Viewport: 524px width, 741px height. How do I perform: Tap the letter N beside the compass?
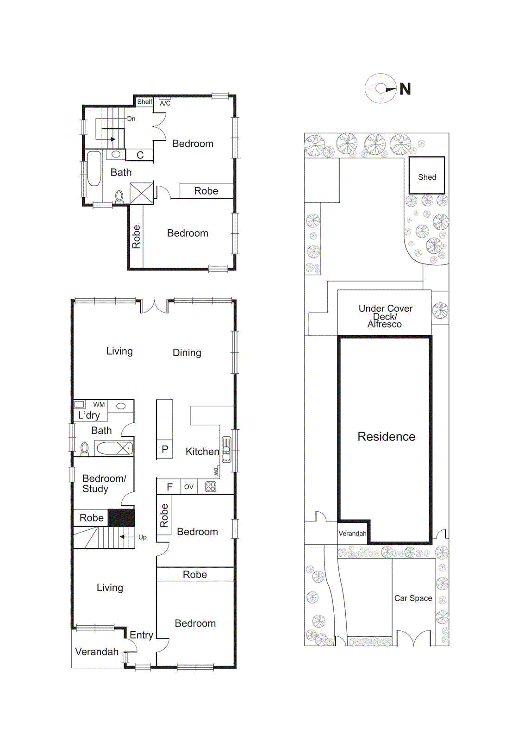(x=405, y=89)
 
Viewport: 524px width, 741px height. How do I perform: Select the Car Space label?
(x=413, y=598)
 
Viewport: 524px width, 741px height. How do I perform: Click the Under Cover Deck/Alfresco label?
(x=385, y=316)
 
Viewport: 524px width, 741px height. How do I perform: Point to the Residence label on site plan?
(x=386, y=437)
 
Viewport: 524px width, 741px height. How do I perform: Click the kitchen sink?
(x=226, y=450)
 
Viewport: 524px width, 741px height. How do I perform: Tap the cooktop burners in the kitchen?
(x=211, y=486)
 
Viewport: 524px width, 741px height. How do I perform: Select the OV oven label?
(x=188, y=487)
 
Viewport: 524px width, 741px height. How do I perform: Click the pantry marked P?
(x=164, y=449)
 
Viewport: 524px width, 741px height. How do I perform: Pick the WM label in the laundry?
(x=99, y=404)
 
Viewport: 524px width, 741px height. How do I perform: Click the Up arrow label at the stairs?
(x=142, y=537)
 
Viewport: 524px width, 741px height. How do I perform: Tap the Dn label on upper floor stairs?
(x=131, y=119)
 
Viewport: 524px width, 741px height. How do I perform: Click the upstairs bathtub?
(x=94, y=169)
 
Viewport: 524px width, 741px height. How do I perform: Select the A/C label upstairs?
(x=165, y=103)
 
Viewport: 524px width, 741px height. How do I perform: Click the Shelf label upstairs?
(x=144, y=101)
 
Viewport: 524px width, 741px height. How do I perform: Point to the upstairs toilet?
(x=119, y=196)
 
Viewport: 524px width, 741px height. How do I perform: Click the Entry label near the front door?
(x=141, y=635)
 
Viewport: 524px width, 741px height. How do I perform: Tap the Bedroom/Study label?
(x=104, y=484)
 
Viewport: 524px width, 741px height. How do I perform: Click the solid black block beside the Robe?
(x=121, y=518)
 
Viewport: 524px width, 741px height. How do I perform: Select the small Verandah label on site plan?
(x=352, y=534)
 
